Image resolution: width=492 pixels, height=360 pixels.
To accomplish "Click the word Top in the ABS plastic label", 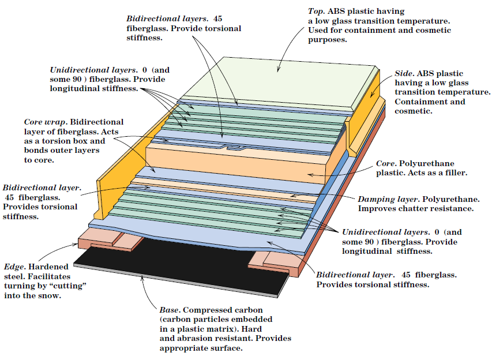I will pos(316,11).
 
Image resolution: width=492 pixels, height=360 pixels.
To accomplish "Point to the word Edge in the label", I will pos(14,267).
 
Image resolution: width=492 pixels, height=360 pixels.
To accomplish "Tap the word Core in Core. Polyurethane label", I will pos(386,163).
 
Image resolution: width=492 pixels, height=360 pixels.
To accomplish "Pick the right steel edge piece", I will pos(277,262).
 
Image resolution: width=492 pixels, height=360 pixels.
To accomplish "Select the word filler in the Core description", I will pos(453,173).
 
